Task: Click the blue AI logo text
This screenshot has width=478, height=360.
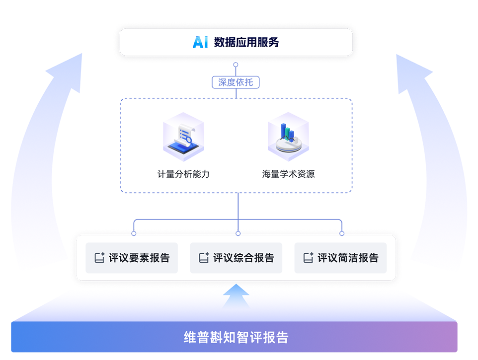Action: (200, 42)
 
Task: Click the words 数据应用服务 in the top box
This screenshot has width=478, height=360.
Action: (246, 42)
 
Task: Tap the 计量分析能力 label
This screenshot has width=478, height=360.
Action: (183, 174)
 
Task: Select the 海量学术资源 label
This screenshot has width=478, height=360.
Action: (288, 174)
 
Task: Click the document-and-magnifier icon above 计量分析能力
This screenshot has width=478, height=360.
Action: (183, 137)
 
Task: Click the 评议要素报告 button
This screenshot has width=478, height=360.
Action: (132, 258)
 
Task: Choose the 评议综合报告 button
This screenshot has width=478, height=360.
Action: (236, 258)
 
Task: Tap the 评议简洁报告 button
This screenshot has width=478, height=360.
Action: (340, 258)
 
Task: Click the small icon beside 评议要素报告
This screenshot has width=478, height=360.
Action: (99, 258)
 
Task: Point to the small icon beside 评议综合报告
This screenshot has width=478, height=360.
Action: (204, 258)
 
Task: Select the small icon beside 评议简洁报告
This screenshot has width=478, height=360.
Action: (308, 258)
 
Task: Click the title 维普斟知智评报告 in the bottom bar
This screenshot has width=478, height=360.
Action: (236, 338)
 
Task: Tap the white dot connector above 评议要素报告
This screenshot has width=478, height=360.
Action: (134, 233)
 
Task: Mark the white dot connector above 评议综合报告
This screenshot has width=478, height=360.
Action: (238, 233)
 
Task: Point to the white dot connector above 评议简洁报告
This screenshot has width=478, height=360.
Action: (342, 233)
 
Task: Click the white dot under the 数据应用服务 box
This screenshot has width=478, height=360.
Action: (236, 65)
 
